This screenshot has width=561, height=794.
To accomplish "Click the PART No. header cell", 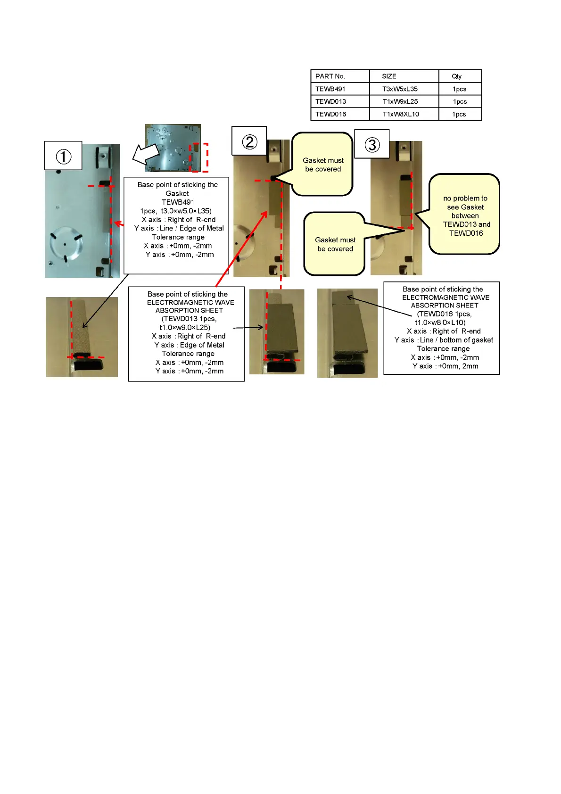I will point(330,76).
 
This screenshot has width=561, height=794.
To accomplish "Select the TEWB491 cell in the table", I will point(330,89).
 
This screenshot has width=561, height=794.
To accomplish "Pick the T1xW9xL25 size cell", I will point(400,101).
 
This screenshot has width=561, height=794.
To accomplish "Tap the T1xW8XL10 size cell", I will point(401,114).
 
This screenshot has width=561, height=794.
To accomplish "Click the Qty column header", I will point(456,76).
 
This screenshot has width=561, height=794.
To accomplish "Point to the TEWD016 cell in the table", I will point(330,114).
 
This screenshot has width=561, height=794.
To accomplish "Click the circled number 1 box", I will point(63,156).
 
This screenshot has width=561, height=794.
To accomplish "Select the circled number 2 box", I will point(249,141).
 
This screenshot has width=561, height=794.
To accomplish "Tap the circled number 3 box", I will point(372,144).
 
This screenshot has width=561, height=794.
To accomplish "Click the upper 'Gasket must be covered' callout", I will point(323,165).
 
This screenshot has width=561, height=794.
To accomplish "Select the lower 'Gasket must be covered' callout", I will point(335,244).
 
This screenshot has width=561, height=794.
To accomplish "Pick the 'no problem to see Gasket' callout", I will point(465,215).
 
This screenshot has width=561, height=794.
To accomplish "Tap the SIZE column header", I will point(389,76).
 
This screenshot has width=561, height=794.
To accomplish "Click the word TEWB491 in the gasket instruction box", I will point(178,202).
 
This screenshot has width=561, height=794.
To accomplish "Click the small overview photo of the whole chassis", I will point(173,148).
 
